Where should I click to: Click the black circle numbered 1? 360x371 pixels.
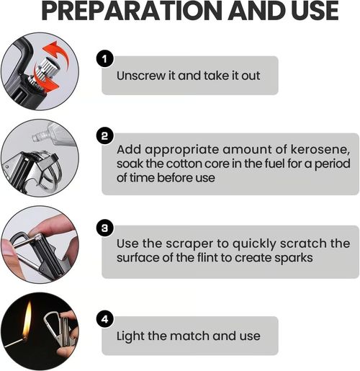pyautogui.click(x=105, y=58)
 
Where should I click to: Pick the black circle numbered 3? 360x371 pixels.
pyautogui.click(x=105, y=228)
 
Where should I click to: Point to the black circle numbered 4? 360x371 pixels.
pyautogui.click(x=105, y=317)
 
